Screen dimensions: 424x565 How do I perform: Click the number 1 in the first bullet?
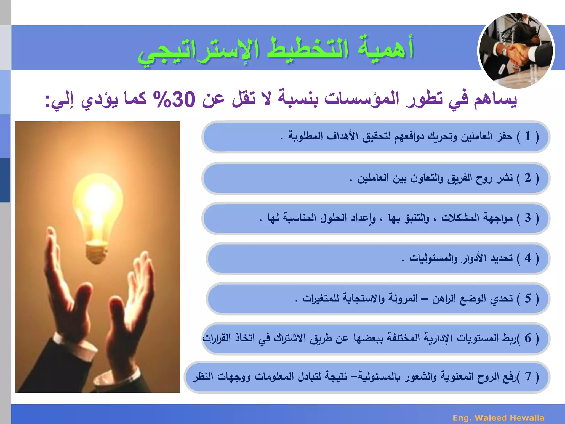(528, 136)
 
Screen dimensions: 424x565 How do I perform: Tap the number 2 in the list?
(528, 178)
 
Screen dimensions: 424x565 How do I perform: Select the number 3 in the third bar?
(528, 218)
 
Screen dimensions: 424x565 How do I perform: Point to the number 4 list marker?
(528, 258)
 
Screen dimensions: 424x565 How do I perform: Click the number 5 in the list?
(528, 298)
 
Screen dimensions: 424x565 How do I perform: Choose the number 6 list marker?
(528, 338)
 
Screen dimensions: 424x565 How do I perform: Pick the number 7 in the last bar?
(528, 376)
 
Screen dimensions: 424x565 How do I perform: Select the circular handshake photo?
(516, 51)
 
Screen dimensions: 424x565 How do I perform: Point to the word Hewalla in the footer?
(527, 418)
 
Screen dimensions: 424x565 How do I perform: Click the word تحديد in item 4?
(502, 258)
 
